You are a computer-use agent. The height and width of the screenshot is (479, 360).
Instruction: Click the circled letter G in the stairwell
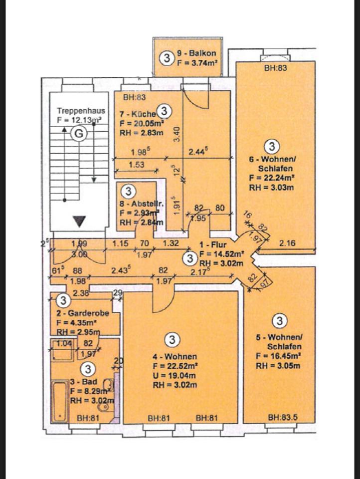[78, 133]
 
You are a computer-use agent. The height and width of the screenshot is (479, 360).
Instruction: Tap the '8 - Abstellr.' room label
[135, 204]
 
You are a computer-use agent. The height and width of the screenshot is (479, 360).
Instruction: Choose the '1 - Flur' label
[213, 245]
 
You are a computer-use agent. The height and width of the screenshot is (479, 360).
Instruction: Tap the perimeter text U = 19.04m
[172, 375]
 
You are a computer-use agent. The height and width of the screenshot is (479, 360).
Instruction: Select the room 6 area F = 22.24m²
[271, 178]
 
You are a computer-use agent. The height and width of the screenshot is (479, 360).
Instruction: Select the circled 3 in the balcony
[166, 58]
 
